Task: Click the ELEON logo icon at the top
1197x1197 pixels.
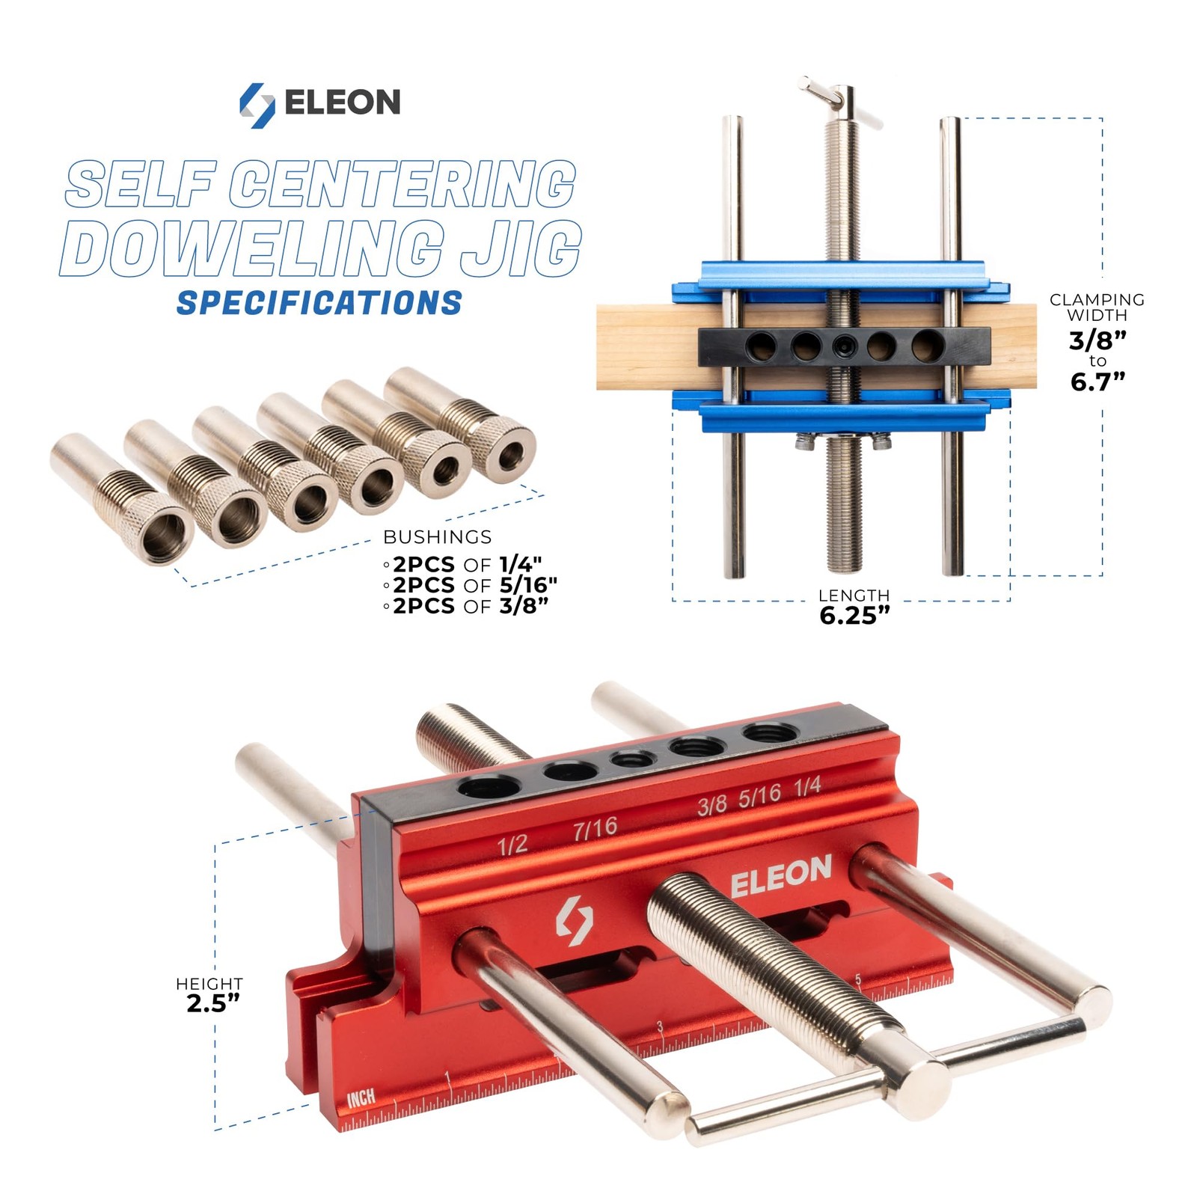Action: coord(257,105)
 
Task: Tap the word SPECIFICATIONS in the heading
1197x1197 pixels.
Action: coord(319,303)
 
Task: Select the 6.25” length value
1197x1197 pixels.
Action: coord(854,616)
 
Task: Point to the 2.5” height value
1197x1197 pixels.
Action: coord(213,1003)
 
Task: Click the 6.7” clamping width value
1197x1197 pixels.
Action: coord(1097,382)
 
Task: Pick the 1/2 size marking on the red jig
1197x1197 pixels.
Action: coord(513,845)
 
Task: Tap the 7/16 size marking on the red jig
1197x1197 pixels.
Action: coord(596,827)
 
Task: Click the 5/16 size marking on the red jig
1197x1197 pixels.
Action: coord(759,796)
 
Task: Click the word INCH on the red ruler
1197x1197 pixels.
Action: coord(361,1098)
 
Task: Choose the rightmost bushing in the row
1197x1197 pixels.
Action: coord(464,423)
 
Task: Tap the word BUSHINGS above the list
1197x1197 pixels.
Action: coord(438,537)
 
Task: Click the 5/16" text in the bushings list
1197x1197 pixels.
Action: coord(528,585)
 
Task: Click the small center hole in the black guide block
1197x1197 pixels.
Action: coord(845,346)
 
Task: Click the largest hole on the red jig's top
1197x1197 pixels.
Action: coord(489,786)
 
